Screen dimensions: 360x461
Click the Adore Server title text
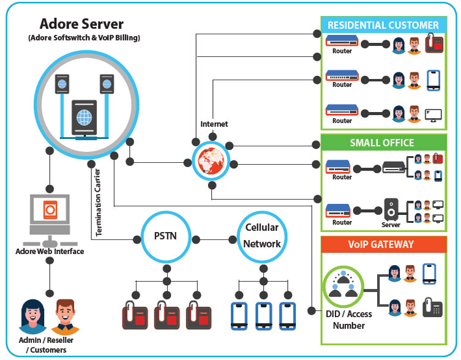point(81,24)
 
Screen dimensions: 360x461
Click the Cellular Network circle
point(262,236)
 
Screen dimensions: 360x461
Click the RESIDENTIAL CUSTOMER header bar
point(383,25)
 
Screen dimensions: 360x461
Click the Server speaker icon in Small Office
point(391,210)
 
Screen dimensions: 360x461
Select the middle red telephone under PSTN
point(166,315)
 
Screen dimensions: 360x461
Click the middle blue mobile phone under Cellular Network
point(263,315)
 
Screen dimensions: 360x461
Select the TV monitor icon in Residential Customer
point(433,114)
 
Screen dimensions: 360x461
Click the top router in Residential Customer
point(342,42)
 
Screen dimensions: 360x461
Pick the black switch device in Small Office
point(394,167)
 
